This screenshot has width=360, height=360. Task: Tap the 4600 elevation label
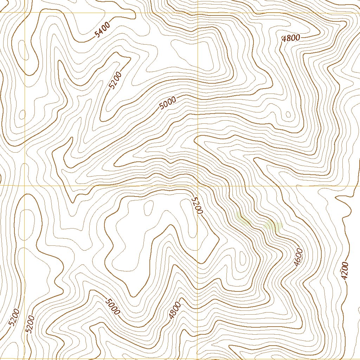pyautogui.click(x=298, y=257)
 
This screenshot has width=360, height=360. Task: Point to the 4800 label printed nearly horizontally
pyautogui.click(x=291, y=38)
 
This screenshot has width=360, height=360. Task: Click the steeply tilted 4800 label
pyautogui.click(x=174, y=310)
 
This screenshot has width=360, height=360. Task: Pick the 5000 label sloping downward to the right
pyautogui.click(x=112, y=306)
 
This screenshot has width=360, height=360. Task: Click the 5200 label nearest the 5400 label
pyautogui.click(x=115, y=81)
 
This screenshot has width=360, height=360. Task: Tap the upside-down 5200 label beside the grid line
pyautogui.click(x=197, y=206)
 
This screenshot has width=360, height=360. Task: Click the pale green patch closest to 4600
pyautogui.click(x=273, y=225)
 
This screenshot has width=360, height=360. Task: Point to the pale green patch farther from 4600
pyautogui.click(x=243, y=220)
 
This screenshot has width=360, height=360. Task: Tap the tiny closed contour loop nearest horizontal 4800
pyautogui.click(x=288, y=114)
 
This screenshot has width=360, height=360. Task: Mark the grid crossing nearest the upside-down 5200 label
pyautogui.click(x=198, y=185)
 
